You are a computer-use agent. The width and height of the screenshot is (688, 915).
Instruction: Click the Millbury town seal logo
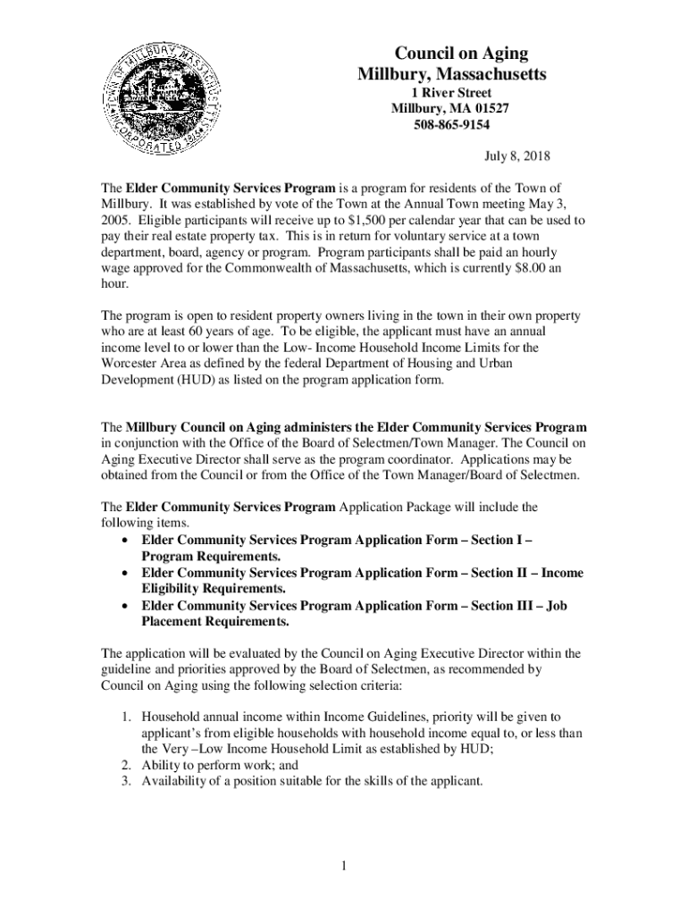coord(161,104)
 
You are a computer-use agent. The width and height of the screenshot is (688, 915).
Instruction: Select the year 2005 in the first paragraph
coord(114,219)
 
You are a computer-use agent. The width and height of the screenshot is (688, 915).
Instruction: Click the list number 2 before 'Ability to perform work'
coord(125,766)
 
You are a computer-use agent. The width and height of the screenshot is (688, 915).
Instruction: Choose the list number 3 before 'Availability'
coord(125,782)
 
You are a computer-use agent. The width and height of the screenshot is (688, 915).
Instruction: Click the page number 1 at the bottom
coord(344,866)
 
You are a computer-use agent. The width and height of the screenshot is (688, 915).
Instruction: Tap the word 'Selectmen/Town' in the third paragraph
coord(424,442)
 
